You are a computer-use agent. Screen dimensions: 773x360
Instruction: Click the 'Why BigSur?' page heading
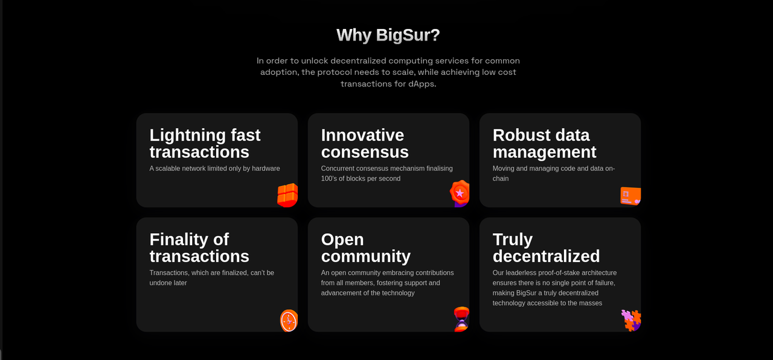coord(388,35)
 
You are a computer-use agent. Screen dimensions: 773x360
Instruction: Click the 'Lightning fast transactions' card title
coord(205,143)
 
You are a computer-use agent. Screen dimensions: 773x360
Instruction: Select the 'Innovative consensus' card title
coord(365,143)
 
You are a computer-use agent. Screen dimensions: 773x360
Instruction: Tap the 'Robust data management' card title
coord(544,143)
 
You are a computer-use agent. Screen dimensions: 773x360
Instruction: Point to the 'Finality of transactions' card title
coord(199,248)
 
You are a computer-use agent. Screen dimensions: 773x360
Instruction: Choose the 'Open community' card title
coord(366,248)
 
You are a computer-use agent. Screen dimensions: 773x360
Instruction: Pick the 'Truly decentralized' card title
coord(546,248)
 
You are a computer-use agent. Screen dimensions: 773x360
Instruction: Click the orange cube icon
coord(287,195)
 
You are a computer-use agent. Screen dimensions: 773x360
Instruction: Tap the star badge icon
coord(460,193)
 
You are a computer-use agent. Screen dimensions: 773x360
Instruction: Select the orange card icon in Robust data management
coord(630,196)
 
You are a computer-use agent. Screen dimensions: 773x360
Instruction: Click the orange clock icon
coord(289,321)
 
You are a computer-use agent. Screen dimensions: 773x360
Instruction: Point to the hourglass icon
coord(461,320)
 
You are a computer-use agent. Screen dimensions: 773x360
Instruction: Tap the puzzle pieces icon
coord(631,321)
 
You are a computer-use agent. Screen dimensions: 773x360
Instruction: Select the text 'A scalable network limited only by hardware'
coord(214,169)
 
